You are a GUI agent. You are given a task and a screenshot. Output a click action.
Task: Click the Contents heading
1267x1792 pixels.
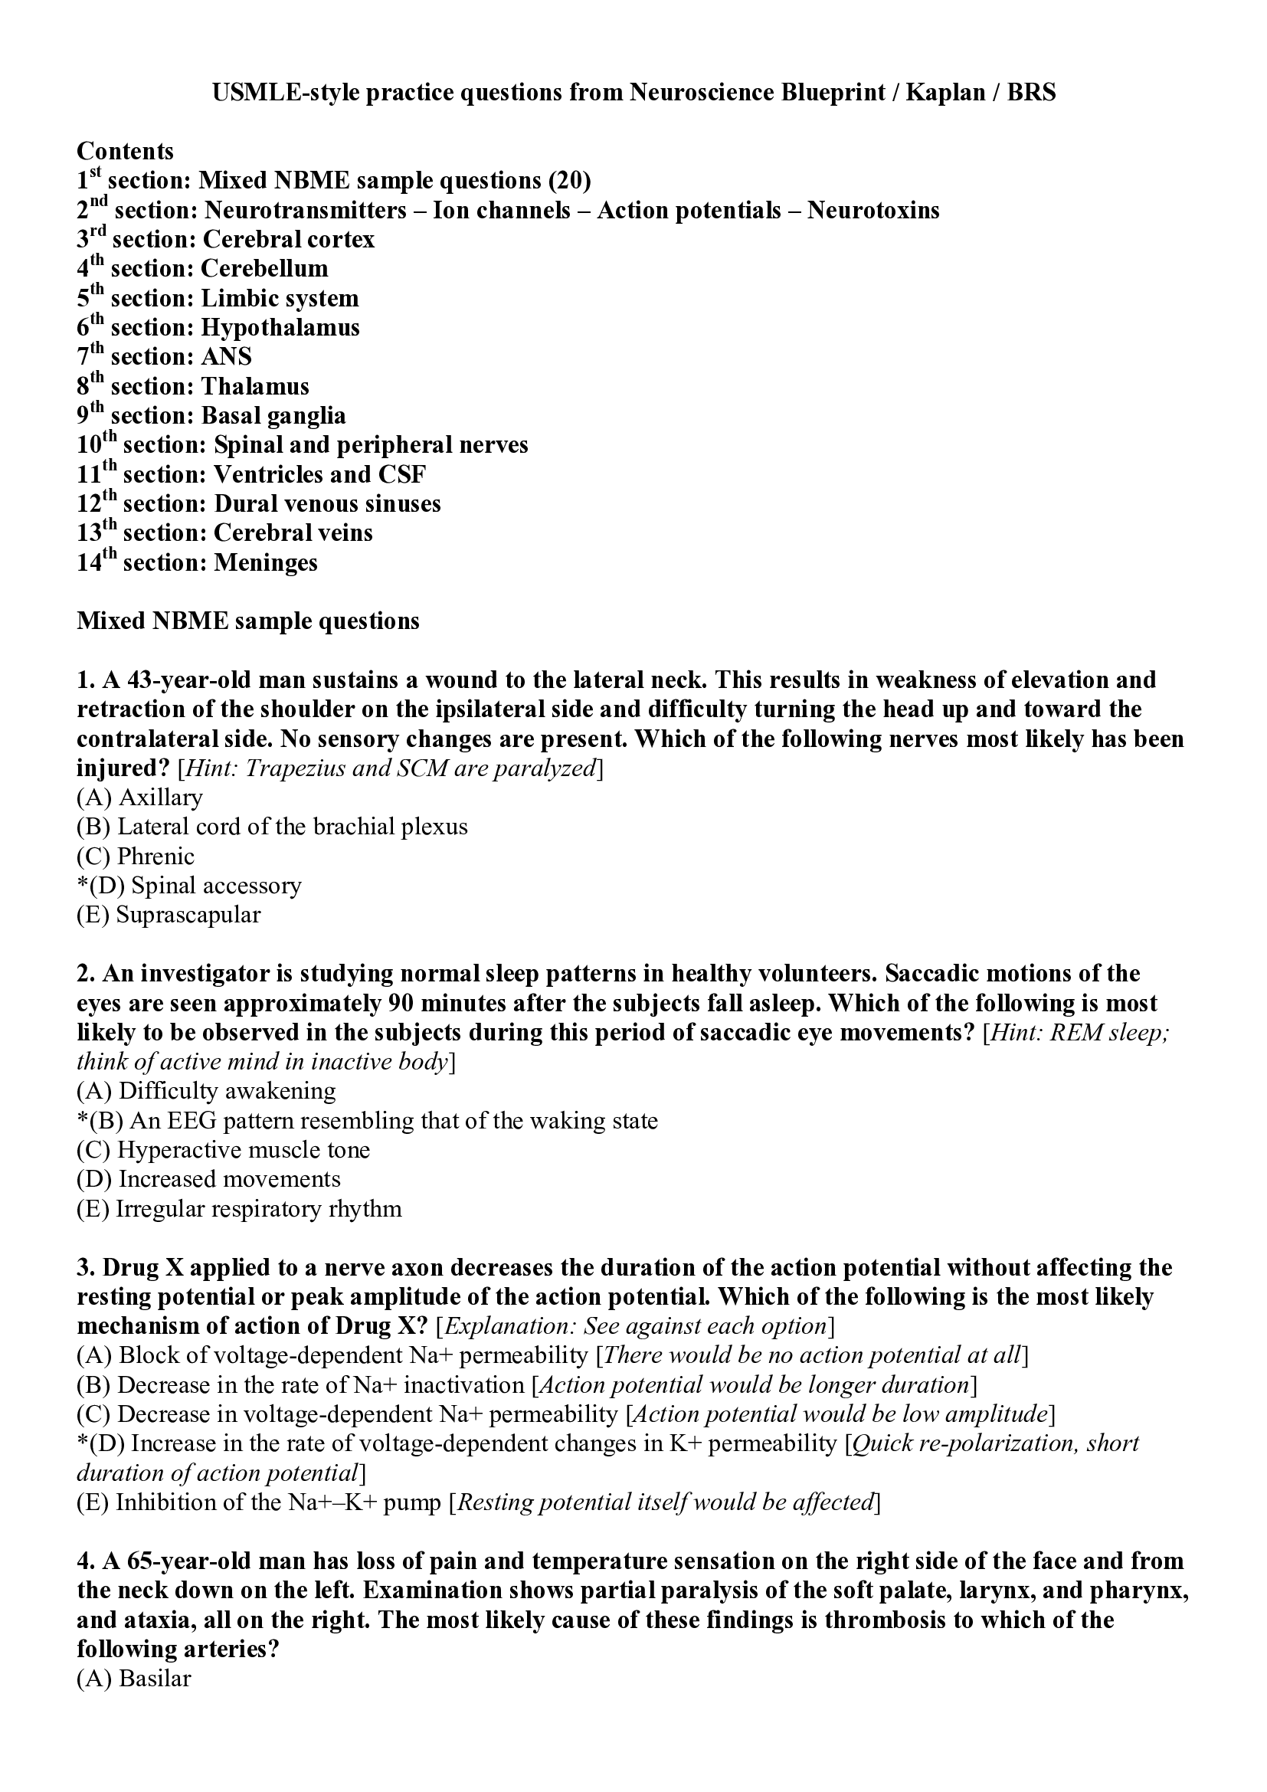pyautogui.click(x=125, y=151)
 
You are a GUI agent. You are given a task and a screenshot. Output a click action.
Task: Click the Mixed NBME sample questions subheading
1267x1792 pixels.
pyautogui.click(x=248, y=621)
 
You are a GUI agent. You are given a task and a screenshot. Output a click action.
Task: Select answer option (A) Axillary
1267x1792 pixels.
pyautogui.click(x=139, y=797)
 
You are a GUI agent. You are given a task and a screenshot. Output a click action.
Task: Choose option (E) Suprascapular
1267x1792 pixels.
pyautogui.click(x=169, y=915)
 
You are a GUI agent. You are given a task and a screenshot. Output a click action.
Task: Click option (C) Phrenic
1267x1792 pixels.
pyautogui.click(x=136, y=857)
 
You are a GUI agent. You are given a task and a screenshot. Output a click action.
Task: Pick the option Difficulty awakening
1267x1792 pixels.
pyautogui.click(x=207, y=1090)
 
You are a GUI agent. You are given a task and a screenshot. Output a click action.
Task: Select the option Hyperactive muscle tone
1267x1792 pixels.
pyautogui.click(x=224, y=1150)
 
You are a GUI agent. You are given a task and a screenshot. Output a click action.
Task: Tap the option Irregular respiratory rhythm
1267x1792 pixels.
pyautogui.click(x=240, y=1208)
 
